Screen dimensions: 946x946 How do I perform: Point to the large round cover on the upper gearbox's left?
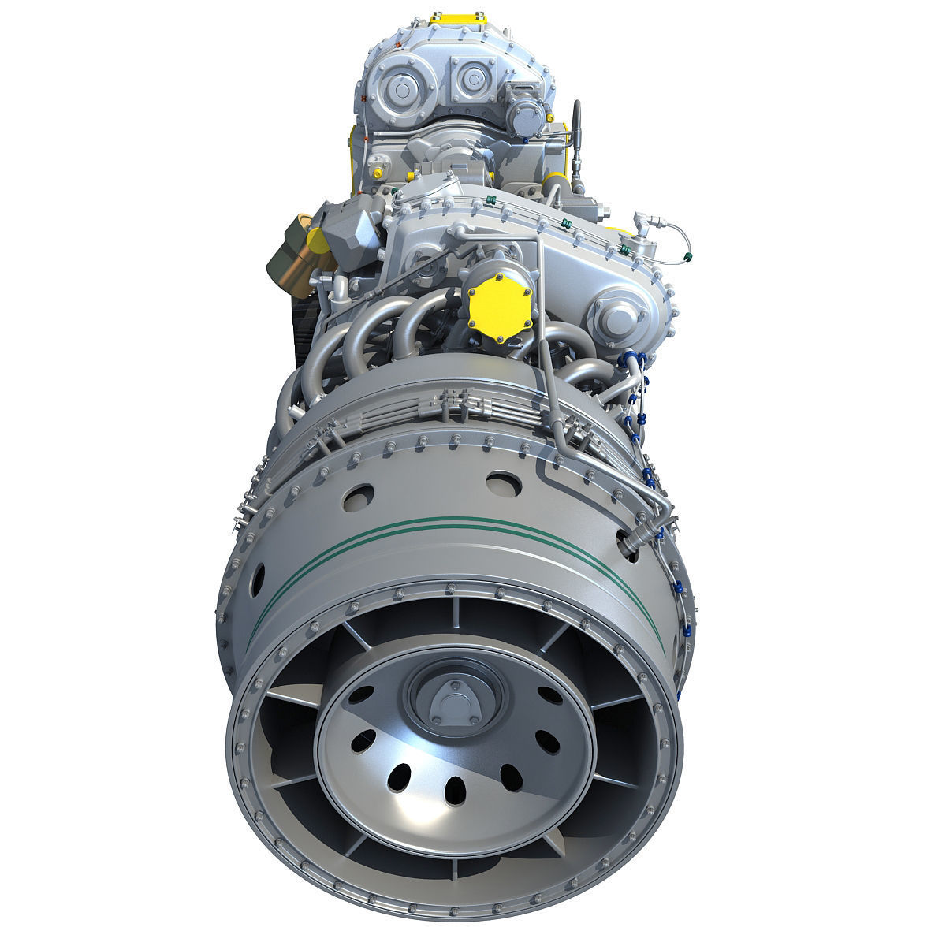tap(403, 87)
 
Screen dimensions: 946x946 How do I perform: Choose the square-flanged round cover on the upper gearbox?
tap(470, 79)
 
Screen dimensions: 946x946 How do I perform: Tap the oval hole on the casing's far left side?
tap(254, 580)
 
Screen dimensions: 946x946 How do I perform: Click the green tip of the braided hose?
tap(691, 256)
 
